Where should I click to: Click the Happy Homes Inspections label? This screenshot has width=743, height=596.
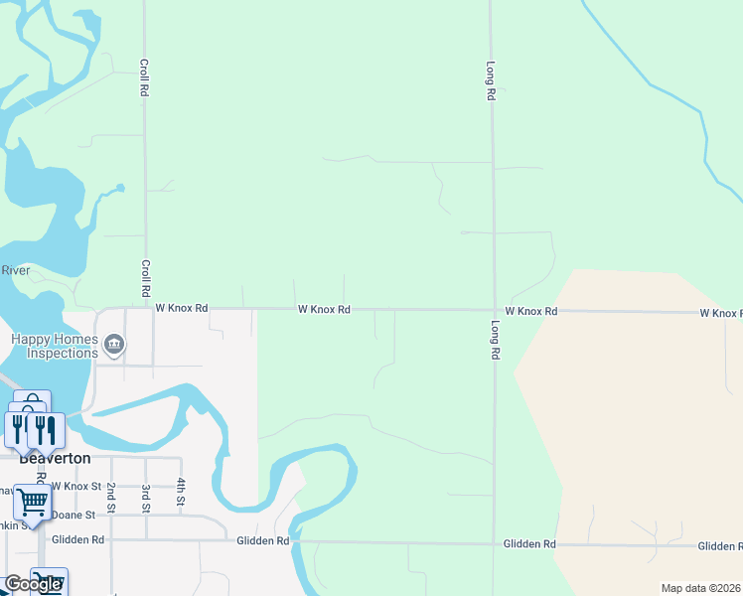point(55,346)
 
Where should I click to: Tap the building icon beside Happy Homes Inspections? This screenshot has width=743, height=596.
point(114,345)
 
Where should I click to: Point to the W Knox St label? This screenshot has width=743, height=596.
point(76,487)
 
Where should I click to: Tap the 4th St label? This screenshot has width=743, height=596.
point(182,491)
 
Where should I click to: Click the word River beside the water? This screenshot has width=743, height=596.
point(16,270)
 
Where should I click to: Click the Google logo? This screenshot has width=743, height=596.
point(32,584)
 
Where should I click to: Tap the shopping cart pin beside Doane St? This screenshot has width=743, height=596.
point(32,503)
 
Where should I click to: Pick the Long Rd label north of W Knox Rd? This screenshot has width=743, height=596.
point(491,81)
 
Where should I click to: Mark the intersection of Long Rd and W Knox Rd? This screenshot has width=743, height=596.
point(494,310)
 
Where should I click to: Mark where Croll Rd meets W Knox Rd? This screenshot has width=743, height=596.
point(146,308)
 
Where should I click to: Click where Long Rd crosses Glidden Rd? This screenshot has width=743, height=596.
point(494,544)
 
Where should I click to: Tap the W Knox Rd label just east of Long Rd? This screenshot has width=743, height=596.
point(530,311)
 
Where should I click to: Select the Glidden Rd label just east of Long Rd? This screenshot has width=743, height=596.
point(529,544)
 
